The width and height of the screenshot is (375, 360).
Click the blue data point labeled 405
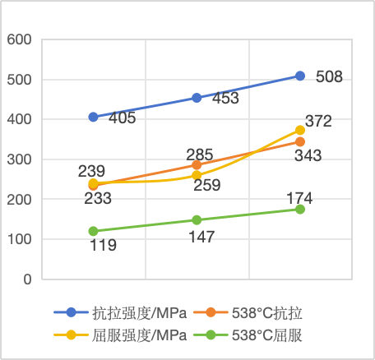pyautogui.click(x=94, y=118)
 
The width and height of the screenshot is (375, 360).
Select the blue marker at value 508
pyautogui.click(x=300, y=76)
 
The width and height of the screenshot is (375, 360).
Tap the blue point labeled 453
pyautogui.click(x=197, y=98)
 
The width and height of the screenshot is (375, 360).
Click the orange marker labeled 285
pyautogui.click(x=197, y=165)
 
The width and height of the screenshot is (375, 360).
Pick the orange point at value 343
pyautogui.click(x=300, y=142)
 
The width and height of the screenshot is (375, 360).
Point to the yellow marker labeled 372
pyautogui.click(x=300, y=130)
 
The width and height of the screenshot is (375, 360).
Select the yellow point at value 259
pyautogui.click(x=197, y=175)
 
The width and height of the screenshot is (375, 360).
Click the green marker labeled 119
pyautogui.click(x=94, y=232)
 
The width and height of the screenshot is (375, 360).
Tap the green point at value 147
pyautogui.click(x=197, y=220)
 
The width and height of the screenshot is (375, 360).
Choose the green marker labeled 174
pyautogui.click(x=300, y=210)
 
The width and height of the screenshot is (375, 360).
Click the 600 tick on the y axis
pyautogui.click(x=18, y=39)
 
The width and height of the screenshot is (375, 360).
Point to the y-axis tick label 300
pyautogui.click(x=18, y=159)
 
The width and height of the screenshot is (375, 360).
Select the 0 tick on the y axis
pyautogui.click(x=27, y=279)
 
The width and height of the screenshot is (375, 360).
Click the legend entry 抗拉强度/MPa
pyautogui.click(x=129, y=312)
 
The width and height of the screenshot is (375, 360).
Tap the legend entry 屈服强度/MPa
pyautogui.click(x=129, y=335)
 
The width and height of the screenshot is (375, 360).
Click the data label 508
pyautogui.click(x=329, y=78)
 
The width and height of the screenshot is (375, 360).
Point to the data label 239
pyautogui.click(x=91, y=171)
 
